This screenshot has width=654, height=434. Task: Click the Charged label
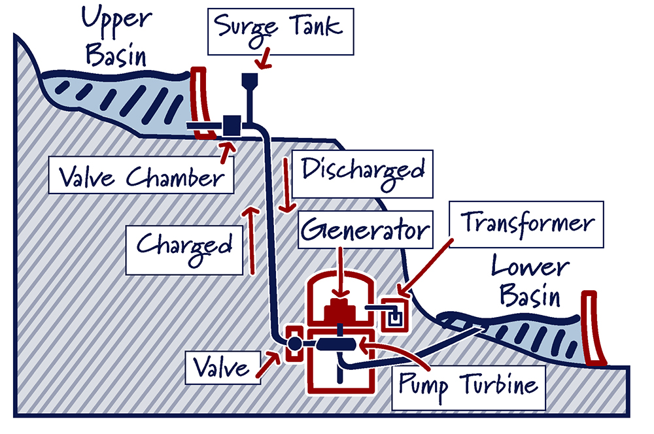tap(184, 246)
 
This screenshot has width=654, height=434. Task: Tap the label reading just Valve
tap(220, 367)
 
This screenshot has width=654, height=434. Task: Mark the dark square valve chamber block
tap(231, 124)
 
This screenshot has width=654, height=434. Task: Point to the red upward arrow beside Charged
tap(248, 239)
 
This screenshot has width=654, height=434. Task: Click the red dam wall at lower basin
tap(596, 327)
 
